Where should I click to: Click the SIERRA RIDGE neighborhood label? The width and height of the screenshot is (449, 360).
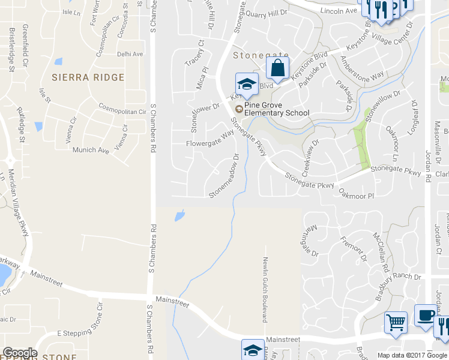[x=88, y=77]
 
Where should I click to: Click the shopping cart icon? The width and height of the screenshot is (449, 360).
[x=396, y=323]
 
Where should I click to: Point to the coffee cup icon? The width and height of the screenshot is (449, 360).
[x=427, y=316]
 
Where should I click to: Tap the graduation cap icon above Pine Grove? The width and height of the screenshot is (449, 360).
[x=247, y=83]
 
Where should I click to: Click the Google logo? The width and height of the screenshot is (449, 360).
[x=20, y=353]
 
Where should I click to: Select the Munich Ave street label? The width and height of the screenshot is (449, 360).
[x=91, y=150]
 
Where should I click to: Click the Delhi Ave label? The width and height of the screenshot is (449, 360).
[x=130, y=54]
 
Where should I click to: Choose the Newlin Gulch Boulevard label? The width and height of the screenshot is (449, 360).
[x=264, y=290]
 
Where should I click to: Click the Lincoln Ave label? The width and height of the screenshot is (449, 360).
[x=339, y=11]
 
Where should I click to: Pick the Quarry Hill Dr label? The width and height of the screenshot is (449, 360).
[x=267, y=13]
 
